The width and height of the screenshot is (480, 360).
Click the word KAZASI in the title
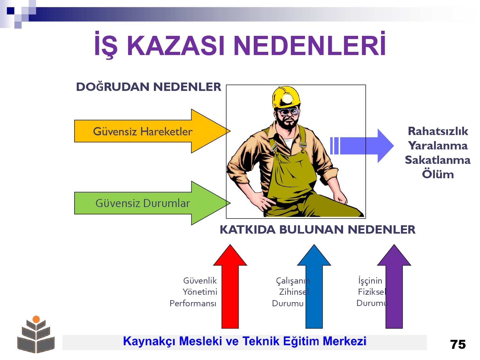pyautogui.click(x=175, y=46)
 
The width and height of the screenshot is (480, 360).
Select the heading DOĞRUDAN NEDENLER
pyautogui.click(x=148, y=87)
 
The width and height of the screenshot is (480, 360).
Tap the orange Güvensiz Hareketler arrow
pyautogui.click(x=152, y=131)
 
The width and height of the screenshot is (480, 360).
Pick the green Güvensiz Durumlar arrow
pyautogui.click(x=152, y=203)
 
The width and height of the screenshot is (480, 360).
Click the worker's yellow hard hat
pyautogui.click(x=286, y=97)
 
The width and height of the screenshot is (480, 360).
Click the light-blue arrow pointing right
pyautogui.click(x=362, y=146)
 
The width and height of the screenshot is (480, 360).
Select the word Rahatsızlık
pyautogui.click(x=438, y=132)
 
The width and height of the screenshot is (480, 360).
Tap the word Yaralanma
pyautogui.click(x=438, y=146)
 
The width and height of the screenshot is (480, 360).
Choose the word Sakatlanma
pyautogui.click(x=438, y=160)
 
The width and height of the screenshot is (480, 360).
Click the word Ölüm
pyautogui.click(x=438, y=174)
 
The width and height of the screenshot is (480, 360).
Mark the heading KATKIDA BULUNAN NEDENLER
pyautogui.click(x=317, y=229)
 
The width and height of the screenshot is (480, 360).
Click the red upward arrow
pyautogui.click(x=230, y=286)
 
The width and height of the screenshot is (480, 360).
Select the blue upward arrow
pyautogui.click(x=314, y=286)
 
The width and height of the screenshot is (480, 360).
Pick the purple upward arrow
pyautogui.click(x=394, y=286)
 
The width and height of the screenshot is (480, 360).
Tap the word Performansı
pyautogui.click(x=193, y=303)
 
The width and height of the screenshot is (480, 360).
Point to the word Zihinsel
pyautogui.click(x=294, y=292)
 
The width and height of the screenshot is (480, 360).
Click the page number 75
pyautogui.click(x=458, y=345)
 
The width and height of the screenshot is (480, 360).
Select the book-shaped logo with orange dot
pyautogui.click(x=36, y=334)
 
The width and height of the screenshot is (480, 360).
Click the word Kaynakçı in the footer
pyautogui.click(x=149, y=341)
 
